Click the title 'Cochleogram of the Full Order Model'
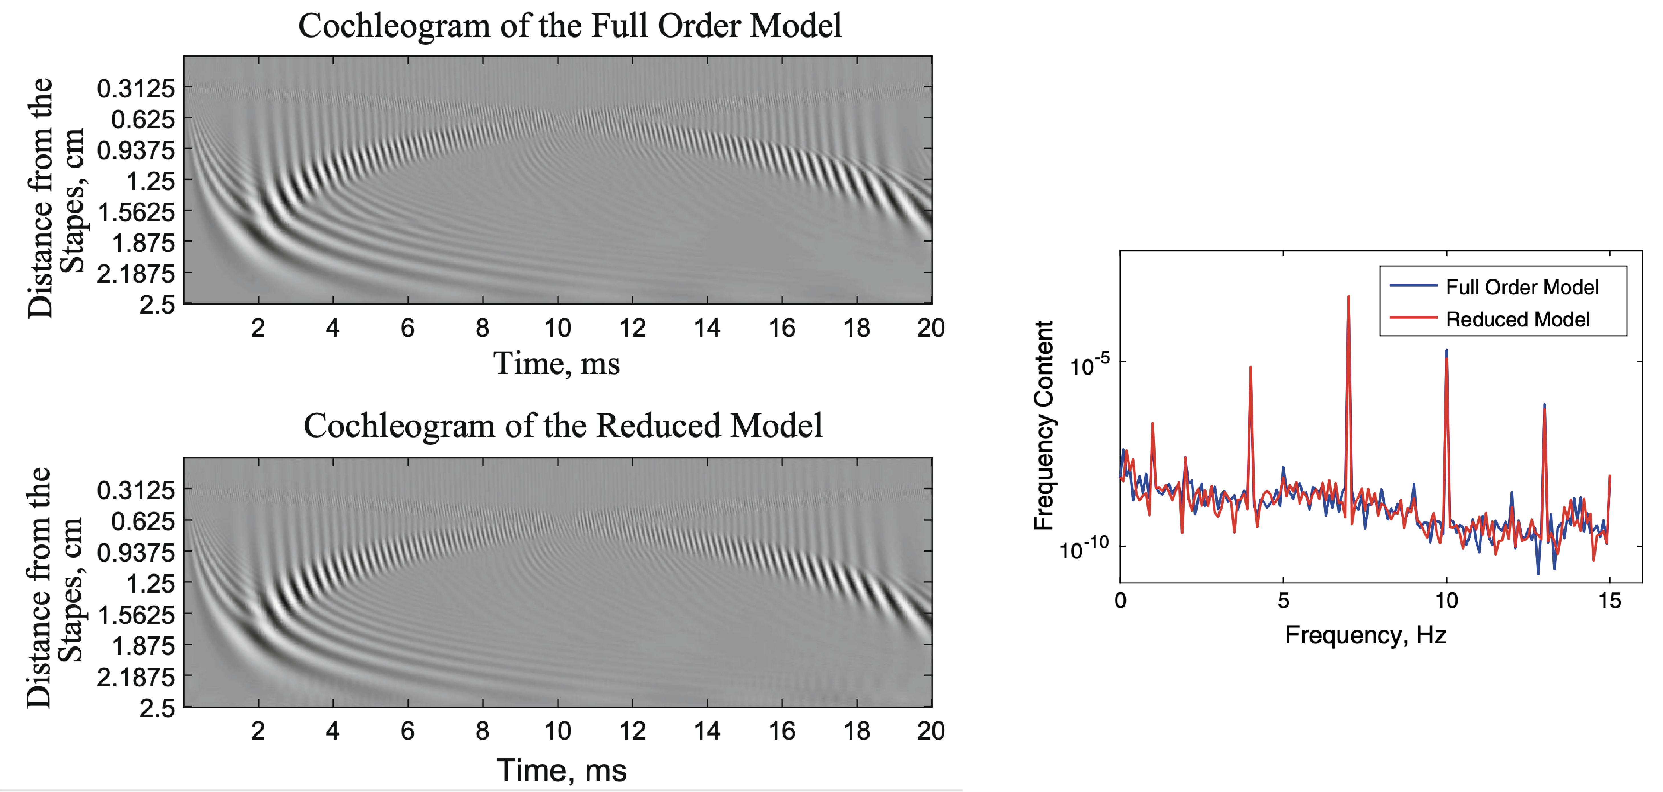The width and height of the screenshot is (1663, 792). [570, 26]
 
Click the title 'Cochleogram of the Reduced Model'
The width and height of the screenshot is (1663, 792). [563, 426]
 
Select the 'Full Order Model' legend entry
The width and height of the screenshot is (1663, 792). [1522, 287]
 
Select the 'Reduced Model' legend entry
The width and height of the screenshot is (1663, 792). [1517, 320]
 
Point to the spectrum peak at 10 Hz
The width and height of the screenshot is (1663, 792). [1446, 352]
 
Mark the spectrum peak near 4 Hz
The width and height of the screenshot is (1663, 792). [1250, 368]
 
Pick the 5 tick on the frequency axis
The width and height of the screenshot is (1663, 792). [1284, 601]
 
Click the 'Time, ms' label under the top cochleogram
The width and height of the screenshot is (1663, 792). [556, 364]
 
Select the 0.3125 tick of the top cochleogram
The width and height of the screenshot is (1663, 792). [136, 88]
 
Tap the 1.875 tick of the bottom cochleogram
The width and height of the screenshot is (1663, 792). [143, 646]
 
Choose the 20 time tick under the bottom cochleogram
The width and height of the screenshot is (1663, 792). [930, 731]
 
